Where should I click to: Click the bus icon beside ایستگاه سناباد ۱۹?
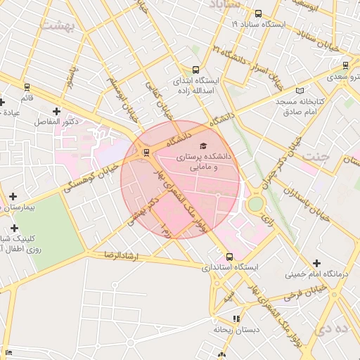point(258,13)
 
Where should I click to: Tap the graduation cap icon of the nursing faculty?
point(203,146)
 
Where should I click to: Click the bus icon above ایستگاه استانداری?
point(229,257)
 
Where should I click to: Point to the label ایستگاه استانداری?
point(230,268)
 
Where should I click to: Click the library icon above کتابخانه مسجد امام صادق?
point(301,91)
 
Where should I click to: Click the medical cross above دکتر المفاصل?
point(56,111)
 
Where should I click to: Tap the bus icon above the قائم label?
point(27,88)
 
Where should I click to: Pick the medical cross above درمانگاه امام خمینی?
point(316,262)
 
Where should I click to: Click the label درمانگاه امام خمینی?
point(314,274)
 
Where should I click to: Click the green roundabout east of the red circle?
point(255,204)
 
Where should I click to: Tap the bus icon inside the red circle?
point(146,152)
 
